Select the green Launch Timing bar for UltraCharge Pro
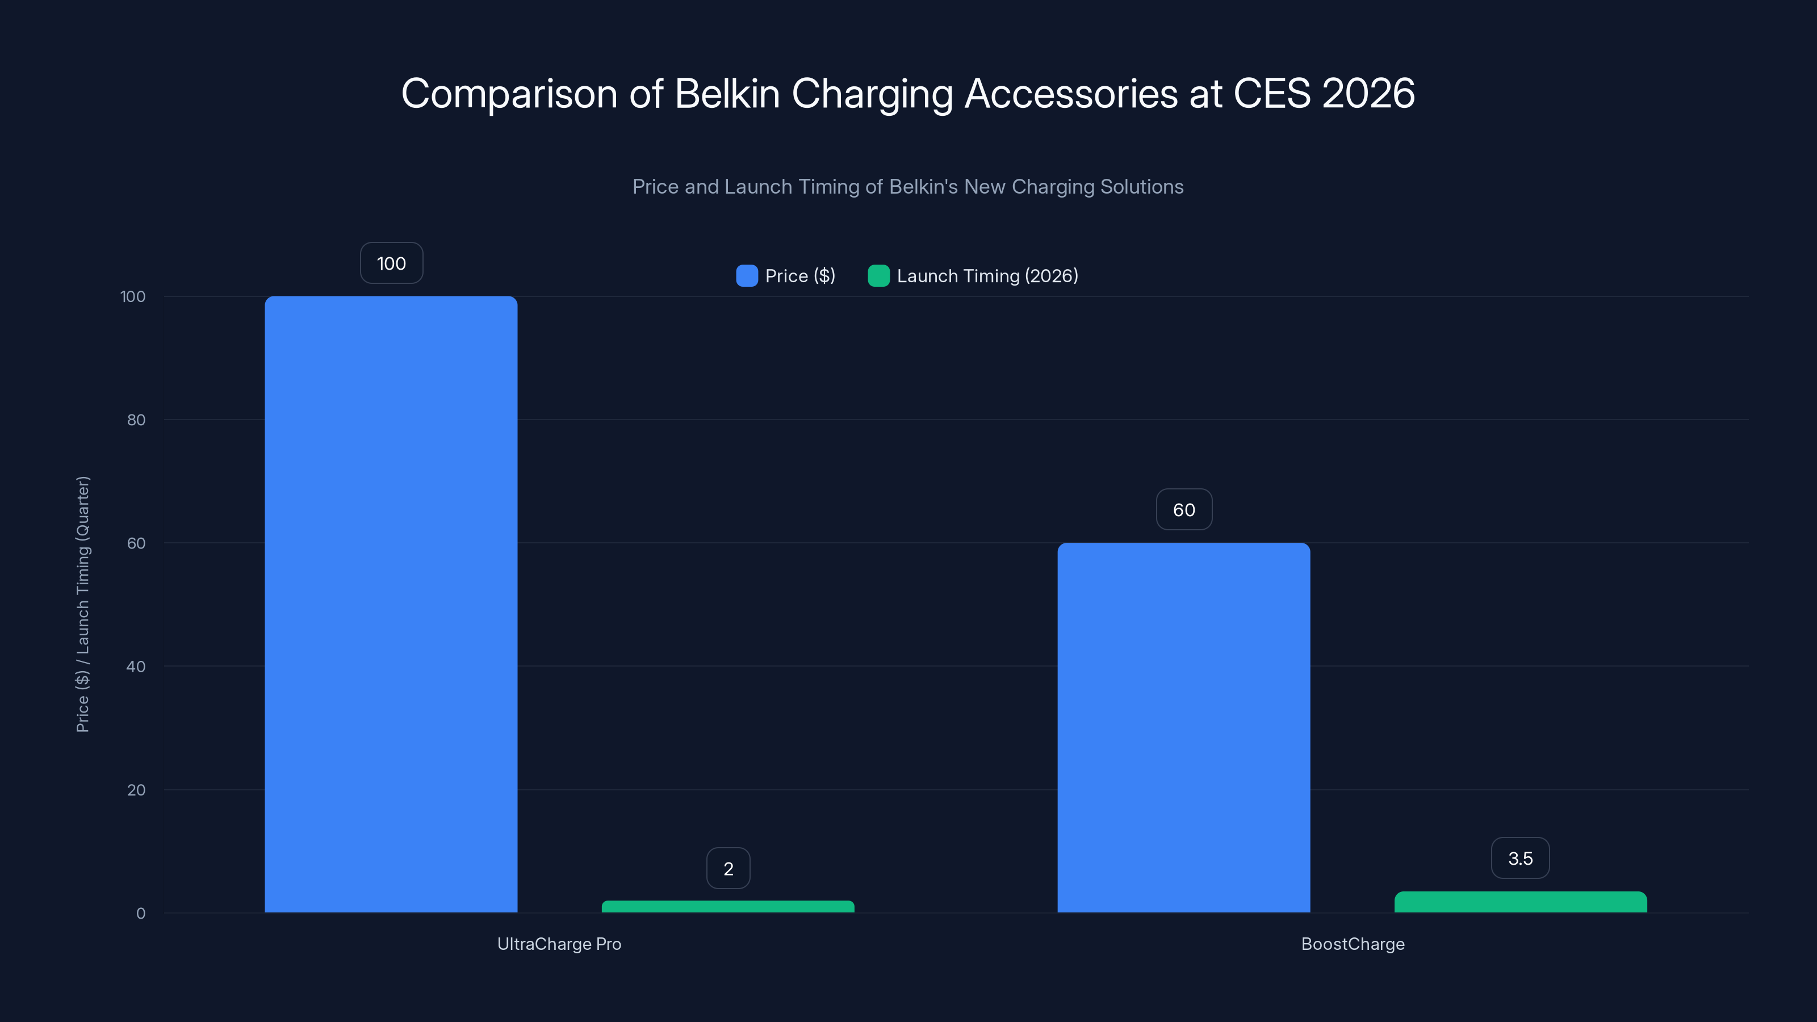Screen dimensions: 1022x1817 coord(727,906)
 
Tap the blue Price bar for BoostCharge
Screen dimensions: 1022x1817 coord(1183,727)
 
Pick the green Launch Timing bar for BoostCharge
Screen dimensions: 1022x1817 coord(1520,902)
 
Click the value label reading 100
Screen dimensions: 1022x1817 coord(391,263)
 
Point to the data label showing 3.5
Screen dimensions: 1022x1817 coord(1520,858)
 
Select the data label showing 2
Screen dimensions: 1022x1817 coord(728,868)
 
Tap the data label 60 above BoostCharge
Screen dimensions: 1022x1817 coord(1183,509)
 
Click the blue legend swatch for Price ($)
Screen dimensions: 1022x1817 coord(746,276)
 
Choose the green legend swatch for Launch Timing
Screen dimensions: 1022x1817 coord(878,276)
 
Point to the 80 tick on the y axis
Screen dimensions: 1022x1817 coord(136,420)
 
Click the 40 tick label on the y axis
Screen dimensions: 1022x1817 coord(136,667)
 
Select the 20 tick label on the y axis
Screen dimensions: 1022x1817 coord(136,790)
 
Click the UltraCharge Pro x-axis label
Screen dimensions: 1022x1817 coord(559,944)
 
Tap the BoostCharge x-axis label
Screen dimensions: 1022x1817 coord(1352,944)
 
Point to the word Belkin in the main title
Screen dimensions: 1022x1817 coord(727,93)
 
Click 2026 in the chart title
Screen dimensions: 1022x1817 coord(1368,93)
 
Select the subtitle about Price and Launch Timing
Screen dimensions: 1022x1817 coord(908,186)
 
